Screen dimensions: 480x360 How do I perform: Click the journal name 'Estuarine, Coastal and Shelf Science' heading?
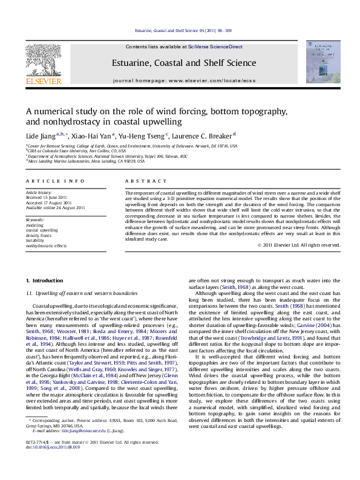(x=183, y=63)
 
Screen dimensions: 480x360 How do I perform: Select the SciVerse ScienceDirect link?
(x=215, y=47)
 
